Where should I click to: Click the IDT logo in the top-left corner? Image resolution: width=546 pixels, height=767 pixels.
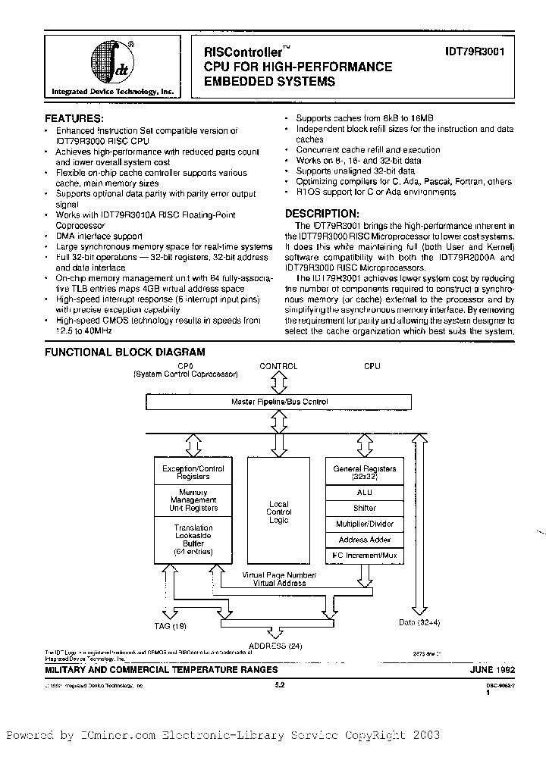click(111, 61)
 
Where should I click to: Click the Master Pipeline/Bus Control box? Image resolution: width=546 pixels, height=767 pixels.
click(279, 402)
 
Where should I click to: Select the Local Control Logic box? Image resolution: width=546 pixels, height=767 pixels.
click(279, 512)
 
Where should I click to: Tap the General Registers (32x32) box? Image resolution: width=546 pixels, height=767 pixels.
click(365, 473)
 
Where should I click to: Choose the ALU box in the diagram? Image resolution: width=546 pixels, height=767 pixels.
click(365, 492)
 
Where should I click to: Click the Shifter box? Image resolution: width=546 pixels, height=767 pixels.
click(365, 508)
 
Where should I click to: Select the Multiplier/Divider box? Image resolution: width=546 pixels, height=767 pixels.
click(365, 524)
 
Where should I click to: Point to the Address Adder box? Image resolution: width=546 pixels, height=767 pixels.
click(365, 540)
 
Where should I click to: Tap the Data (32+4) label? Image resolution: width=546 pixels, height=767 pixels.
click(417, 622)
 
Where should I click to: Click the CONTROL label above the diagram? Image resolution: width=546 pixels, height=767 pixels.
click(278, 367)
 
